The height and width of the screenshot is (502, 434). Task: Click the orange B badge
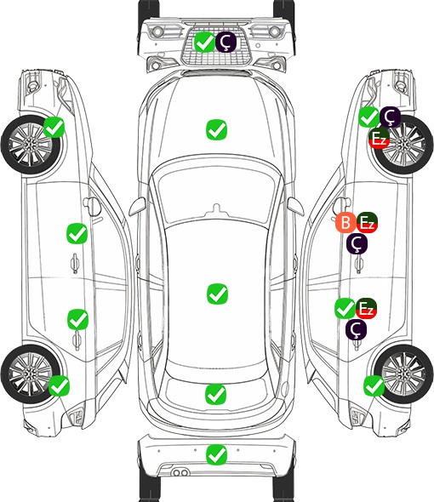pyautogui.click(x=345, y=223)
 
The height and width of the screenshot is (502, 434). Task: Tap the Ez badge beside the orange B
pyautogui.click(x=367, y=223)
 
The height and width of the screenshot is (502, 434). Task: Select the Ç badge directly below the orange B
pyautogui.click(x=357, y=244)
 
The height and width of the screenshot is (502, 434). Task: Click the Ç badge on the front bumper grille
pyautogui.click(x=226, y=42)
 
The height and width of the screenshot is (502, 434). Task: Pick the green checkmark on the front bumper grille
pyautogui.click(x=204, y=42)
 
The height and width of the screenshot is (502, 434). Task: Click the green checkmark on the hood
pyautogui.click(x=216, y=129)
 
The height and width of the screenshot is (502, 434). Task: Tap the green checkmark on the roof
pyautogui.click(x=217, y=294)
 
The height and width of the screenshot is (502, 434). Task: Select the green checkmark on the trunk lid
pyautogui.click(x=215, y=394)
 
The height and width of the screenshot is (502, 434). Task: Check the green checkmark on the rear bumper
pyautogui.click(x=217, y=454)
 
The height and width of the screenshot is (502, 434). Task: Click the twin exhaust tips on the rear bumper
pyautogui.click(x=180, y=472)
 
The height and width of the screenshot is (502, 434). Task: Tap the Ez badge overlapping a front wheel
pyautogui.click(x=379, y=139)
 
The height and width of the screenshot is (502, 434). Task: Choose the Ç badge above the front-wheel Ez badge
pyautogui.click(x=390, y=117)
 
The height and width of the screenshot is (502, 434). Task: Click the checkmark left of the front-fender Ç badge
pyautogui.click(x=368, y=117)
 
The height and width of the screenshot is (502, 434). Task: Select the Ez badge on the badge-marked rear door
pyautogui.click(x=366, y=309)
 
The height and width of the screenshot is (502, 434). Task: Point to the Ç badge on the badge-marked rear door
pyautogui.click(x=356, y=330)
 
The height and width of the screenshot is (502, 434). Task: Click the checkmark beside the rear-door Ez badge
pyautogui.click(x=345, y=309)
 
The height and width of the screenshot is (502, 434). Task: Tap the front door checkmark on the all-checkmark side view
pyautogui.click(x=77, y=233)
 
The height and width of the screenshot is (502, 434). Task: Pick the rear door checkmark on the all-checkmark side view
pyautogui.click(x=77, y=319)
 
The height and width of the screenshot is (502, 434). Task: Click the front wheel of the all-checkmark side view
pyautogui.click(x=31, y=145)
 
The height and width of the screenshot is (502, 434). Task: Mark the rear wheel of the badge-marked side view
pyautogui.click(x=403, y=374)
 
